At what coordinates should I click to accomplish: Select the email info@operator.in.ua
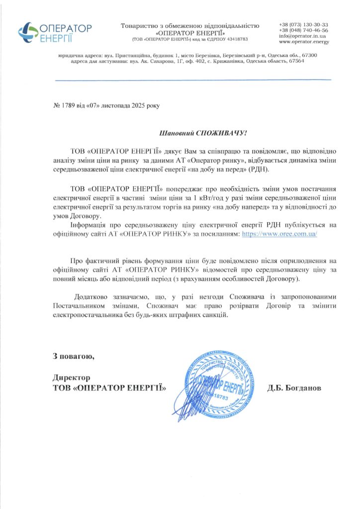coord(302,36)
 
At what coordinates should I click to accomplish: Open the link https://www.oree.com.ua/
coord(279,233)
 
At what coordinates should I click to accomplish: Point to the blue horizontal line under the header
coord(192,80)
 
